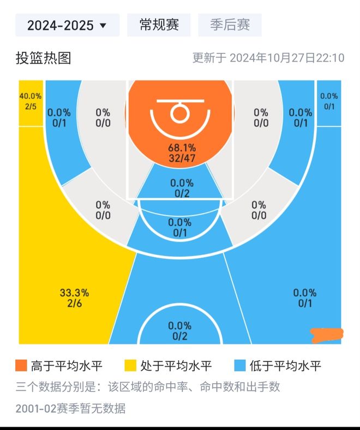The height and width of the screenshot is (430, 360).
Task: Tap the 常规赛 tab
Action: (x=159, y=25)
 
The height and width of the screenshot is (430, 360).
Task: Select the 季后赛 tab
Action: (x=230, y=25)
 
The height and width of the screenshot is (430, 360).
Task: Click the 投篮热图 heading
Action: (x=43, y=58)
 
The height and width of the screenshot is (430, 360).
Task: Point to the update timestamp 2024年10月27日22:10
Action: (x=287, y=58)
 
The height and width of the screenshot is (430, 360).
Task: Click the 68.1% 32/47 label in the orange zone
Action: (x=182, y=153)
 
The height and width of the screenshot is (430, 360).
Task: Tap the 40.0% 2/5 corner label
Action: (x=31, y=101)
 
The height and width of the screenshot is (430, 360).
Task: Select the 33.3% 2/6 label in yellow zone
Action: (x=74, y=298)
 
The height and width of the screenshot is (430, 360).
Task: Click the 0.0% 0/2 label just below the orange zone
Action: (x=181, y=188)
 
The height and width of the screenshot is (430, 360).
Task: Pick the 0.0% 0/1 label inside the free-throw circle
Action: (x=179, y=227)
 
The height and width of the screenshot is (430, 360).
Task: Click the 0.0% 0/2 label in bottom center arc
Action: (x=180, y=331)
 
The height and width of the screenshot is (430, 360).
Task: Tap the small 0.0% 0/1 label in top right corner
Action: (x=329, y=101)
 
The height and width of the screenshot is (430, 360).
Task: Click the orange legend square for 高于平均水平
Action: (x=21, y=366)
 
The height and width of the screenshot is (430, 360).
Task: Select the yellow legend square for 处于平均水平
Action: (x=130, y=366)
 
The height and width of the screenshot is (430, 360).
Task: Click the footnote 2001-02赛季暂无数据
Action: (x=70, y=408)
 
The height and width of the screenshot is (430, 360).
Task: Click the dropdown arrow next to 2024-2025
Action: (x=103, y=26)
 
